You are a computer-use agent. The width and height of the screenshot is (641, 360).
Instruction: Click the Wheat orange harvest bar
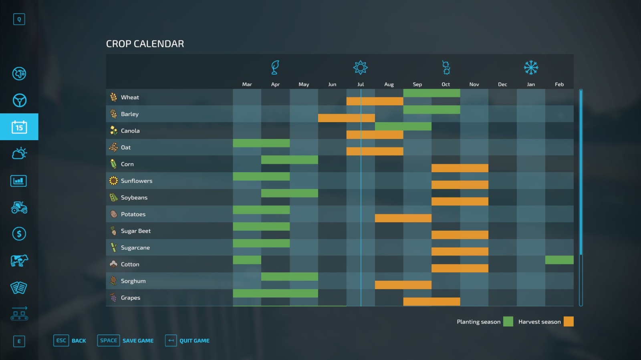coord(375,101)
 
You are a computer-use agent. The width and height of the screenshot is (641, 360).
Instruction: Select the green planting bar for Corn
coord(289,160)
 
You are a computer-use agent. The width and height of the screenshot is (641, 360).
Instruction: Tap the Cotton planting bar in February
coord(559,260)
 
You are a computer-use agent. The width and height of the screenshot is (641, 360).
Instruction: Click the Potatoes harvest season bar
coord(403,218)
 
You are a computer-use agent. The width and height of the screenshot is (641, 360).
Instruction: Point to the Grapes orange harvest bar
coord(431,302)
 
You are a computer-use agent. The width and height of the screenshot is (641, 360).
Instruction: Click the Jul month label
coord(361,84)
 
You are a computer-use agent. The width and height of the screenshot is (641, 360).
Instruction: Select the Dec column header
coord(502,84)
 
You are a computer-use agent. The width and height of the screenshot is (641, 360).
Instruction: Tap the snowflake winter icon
coord(531,68)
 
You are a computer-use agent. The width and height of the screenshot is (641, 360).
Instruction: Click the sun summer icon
coord(361,68)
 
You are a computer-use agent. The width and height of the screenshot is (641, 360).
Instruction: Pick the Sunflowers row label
coord(137,181)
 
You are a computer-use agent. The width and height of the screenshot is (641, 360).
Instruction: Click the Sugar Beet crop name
coord(136,231)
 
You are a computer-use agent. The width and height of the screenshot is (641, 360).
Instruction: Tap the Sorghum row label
coord(133,281)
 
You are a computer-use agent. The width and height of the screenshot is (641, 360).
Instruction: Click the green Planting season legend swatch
coord(508,322)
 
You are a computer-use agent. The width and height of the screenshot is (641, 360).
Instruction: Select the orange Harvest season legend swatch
coord(568,322)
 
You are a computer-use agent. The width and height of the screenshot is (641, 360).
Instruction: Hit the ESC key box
coord(61,340)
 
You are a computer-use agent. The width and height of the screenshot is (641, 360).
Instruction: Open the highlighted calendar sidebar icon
coord(19,127)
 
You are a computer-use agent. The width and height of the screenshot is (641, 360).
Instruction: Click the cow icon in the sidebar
coord(19,261)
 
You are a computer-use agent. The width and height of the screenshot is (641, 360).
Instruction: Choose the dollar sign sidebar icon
coord(19,234)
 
